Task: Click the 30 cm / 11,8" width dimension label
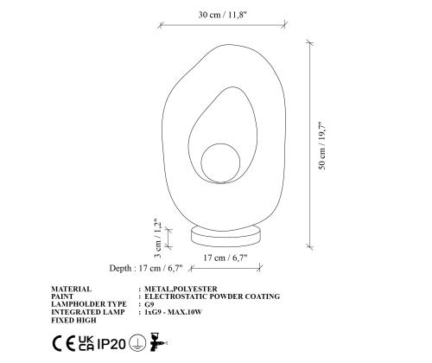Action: click(223, 15)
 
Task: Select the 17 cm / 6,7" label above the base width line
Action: click(226, 258)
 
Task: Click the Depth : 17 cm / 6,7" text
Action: click(146, 268)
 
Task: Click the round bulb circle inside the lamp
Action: click(220, 163)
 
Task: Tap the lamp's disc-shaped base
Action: click(226, 236)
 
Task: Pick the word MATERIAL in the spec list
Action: click(72, 289)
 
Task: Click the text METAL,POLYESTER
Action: click(181, 289)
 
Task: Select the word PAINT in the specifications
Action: click(62, 296)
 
